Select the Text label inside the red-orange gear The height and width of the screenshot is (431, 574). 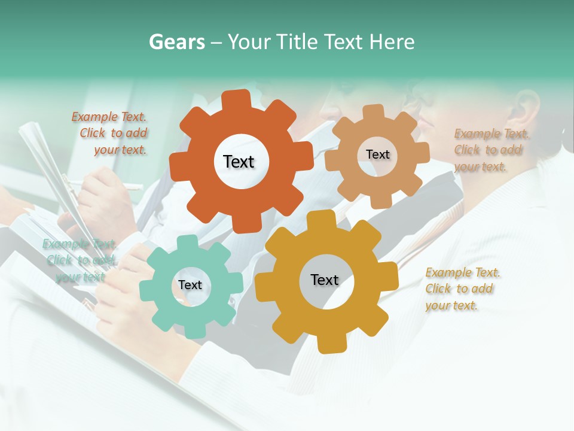click(x=239, y=162)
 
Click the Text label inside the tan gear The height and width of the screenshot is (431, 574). click(x=377, y=154)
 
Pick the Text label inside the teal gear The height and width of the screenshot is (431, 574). click(x=190, y=285)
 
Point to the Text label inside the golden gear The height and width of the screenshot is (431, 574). click(x=325, y=280)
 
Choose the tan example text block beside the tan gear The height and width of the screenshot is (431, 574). click(x=489, y=150)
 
